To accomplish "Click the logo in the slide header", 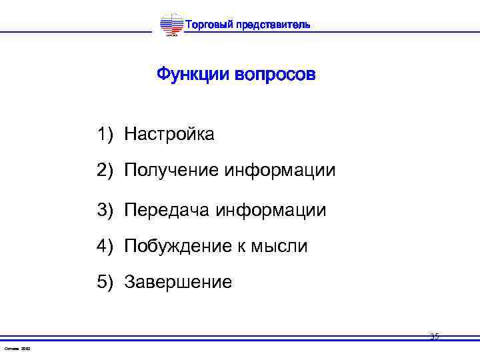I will click(171, 26).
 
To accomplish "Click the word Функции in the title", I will click(193, 73).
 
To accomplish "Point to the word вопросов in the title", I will click(275, 73).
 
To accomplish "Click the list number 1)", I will click(107, 134).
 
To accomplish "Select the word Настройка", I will click(169, 134).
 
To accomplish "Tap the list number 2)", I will click(107, 171).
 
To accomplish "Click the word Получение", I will click(171, 171).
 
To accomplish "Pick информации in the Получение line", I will click(280, 171).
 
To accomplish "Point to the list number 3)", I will click(107, 210).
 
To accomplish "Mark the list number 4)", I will click(107, 246).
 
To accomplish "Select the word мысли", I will click(279, 246).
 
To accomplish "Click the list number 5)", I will click(107, 283).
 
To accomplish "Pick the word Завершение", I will click(178, 283).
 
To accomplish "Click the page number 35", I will click(434, 337).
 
